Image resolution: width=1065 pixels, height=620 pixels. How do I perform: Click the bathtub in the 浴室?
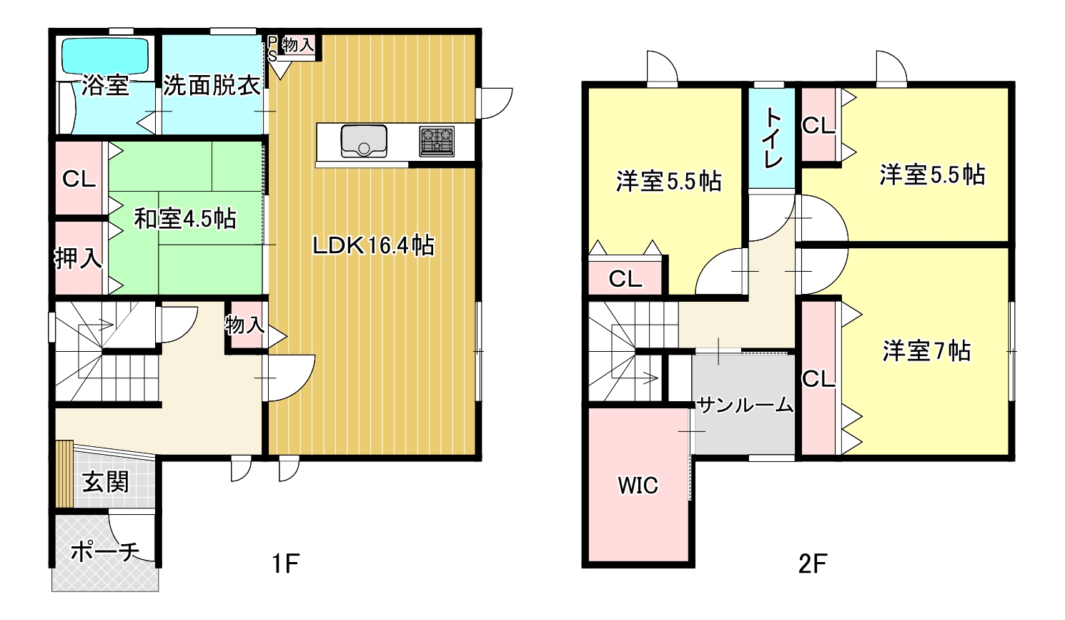(106, 56)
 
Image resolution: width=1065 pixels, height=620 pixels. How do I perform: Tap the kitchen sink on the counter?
(364, 141)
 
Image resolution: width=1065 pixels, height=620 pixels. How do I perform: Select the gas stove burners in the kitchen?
(437, 141)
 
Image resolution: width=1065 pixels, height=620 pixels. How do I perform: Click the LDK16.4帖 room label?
(373, 246)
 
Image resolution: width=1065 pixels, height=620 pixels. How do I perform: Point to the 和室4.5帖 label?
(185, 219)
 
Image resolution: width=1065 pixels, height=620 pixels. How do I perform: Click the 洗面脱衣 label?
(212, 86)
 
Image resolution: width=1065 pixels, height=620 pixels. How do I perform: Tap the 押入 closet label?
(79, 258)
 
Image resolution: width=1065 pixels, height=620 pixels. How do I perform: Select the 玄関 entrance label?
(106, 482)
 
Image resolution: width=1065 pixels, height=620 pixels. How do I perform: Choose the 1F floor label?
(285, 564)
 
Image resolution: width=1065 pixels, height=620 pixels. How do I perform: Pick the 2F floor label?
(813, 564)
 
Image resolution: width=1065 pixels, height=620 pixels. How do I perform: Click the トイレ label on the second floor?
(773, 138)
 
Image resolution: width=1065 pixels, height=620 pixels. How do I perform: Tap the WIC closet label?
(638, 486)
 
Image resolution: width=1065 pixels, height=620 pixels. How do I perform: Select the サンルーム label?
(745, 405)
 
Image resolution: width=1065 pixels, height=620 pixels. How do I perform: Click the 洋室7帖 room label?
(926, 351)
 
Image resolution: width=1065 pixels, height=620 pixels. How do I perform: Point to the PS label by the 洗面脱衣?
(272, 49)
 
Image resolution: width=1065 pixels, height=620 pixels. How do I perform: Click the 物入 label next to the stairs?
(245, 325)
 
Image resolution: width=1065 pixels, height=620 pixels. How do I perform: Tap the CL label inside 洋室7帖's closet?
(818, 379)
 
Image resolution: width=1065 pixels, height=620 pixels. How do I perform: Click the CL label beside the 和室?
(79, 179)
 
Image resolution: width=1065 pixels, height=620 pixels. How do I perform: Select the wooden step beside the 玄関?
(64, 474)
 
